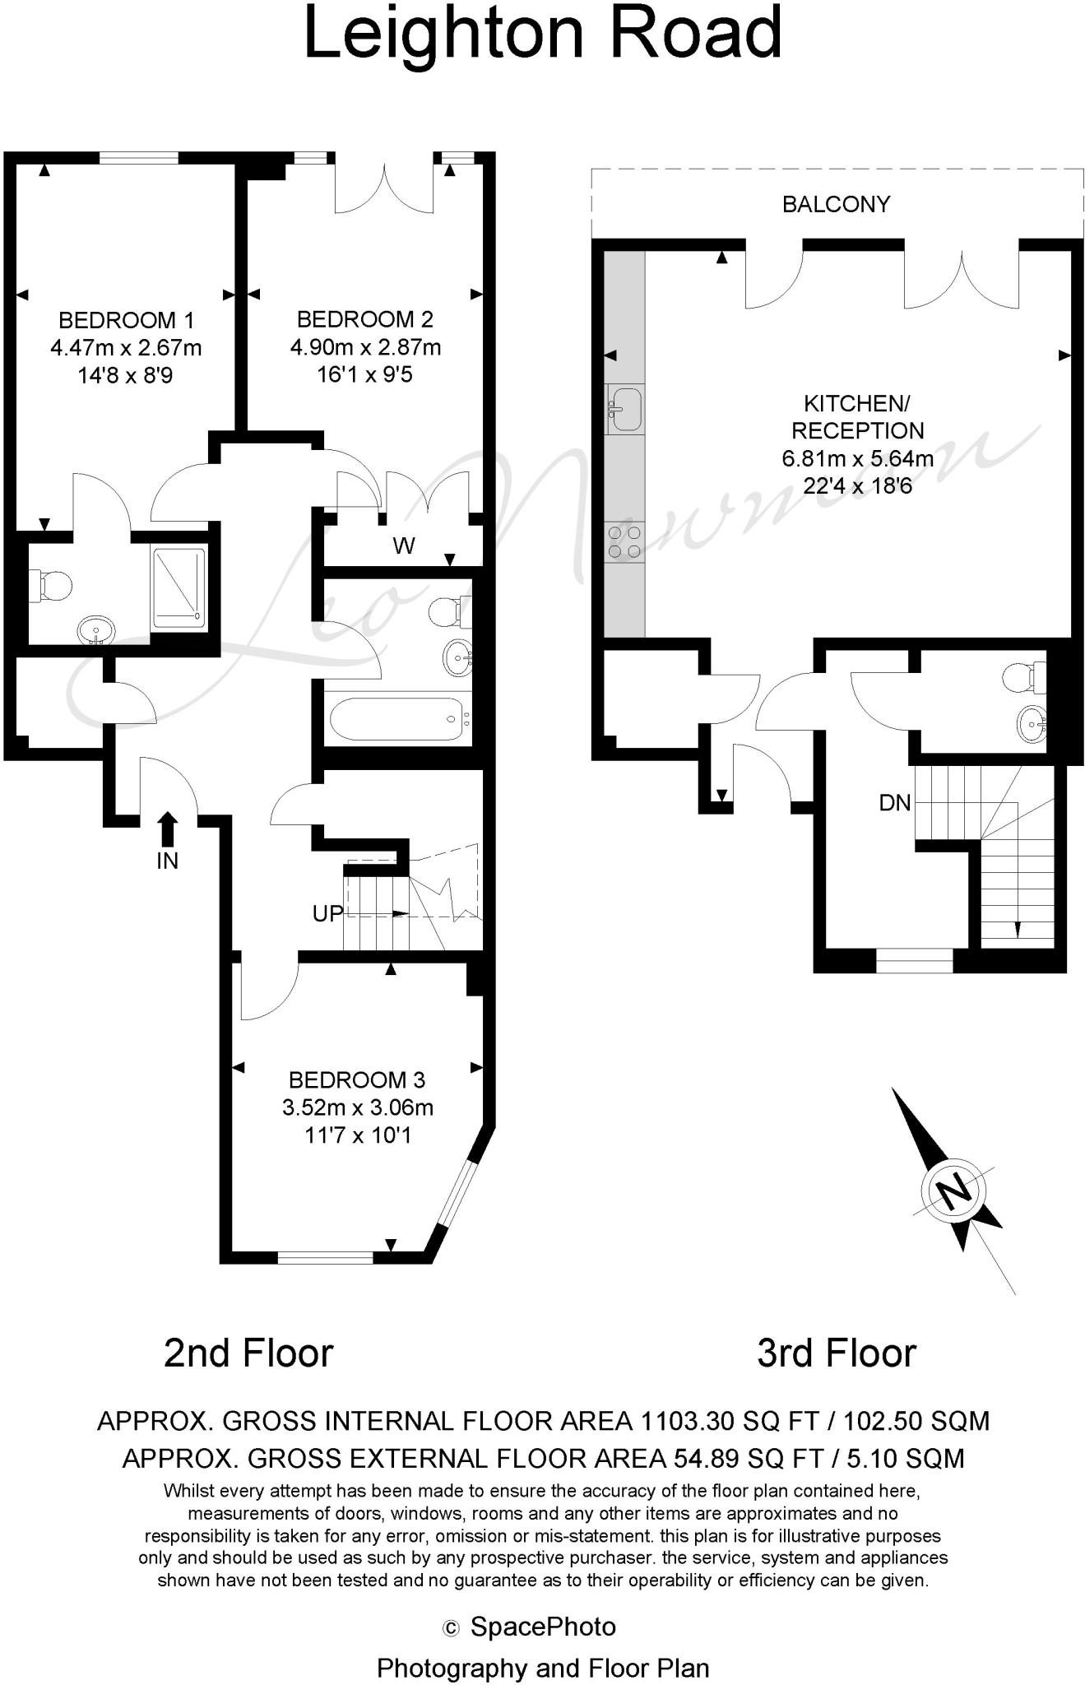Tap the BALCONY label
pos(836,204)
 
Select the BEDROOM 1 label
pos(126,320)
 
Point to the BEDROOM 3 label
pos(357,1079)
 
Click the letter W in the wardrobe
pos(404,545)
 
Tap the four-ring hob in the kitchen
pos(624,542)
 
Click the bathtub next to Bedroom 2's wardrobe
pos(397,720)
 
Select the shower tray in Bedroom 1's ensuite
pos(178,589)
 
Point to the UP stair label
pos(327,913)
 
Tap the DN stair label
pos(895,802)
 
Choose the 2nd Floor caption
pos(248,1353)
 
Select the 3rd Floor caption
pos(836,1353)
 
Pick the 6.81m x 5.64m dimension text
pos(857,458)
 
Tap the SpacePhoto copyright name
pos(543,1627)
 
